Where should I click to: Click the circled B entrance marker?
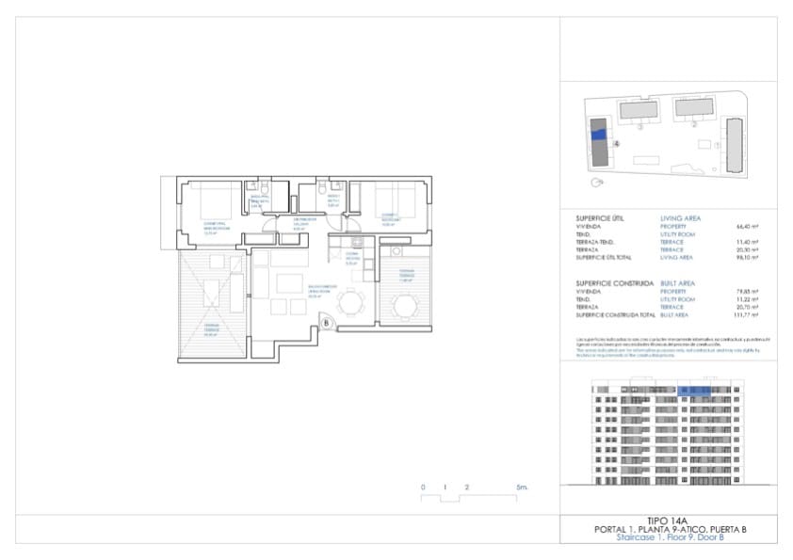tap(327, 325)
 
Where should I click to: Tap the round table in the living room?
tap(351, 303)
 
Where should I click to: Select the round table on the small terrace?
tap(406, 306)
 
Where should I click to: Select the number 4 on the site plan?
tap(615, 145)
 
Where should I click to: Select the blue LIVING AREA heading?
tap(681, 217)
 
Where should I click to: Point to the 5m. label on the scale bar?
tap(522, 488)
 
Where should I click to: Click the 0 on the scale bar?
tap(424, 488)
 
